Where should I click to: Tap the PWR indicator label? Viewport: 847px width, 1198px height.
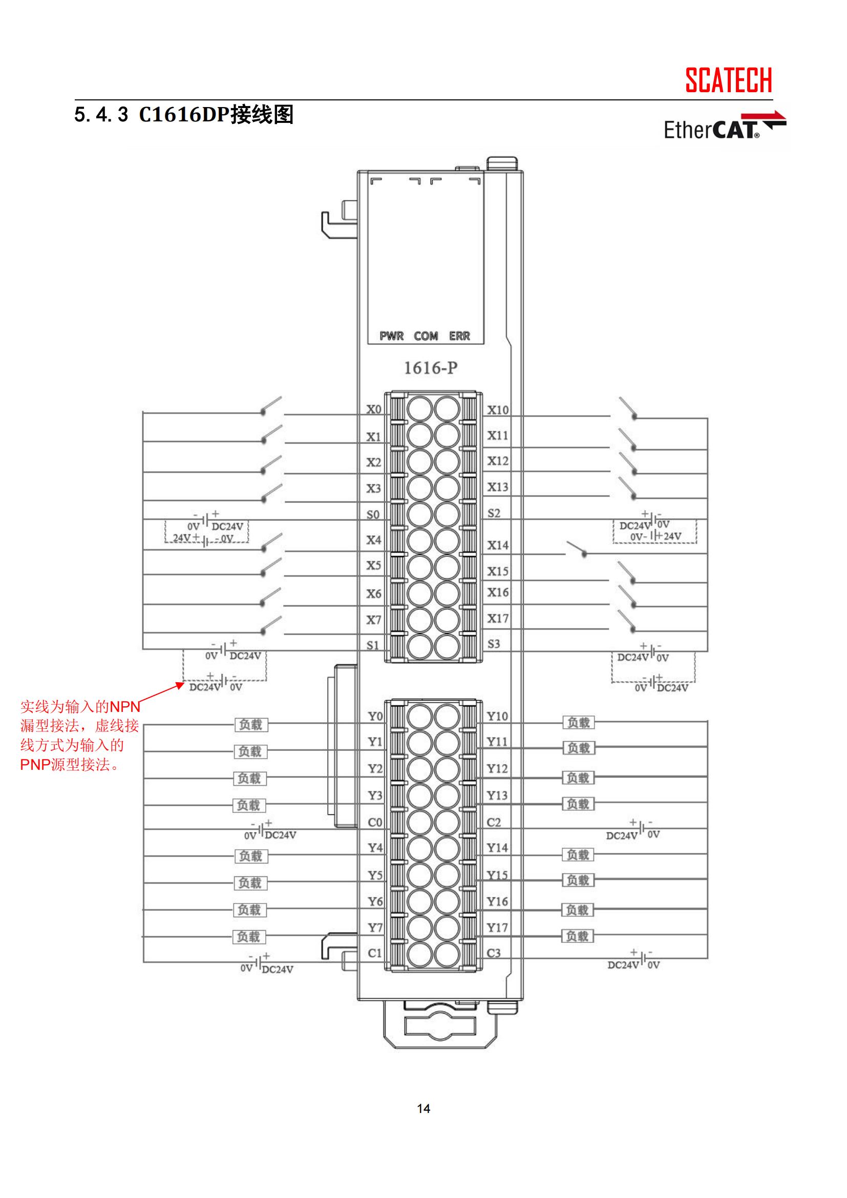pyautogui.click(x=392, y=336)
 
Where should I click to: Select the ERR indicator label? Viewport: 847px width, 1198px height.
pyautogui.click(x=459, y=336)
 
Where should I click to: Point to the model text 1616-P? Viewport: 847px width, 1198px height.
pyautogui.click(x=431, y=368)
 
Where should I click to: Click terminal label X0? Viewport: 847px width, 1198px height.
pyautogui.click(x=373, y=409)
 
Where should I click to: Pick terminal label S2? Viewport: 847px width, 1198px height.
pyautogui.click(x=494, y=513)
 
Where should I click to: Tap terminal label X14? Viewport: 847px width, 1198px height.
pyautogui.click(x=498, y=545)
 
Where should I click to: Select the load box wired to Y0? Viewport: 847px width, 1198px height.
pyautogui.click(x=250, y=724)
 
